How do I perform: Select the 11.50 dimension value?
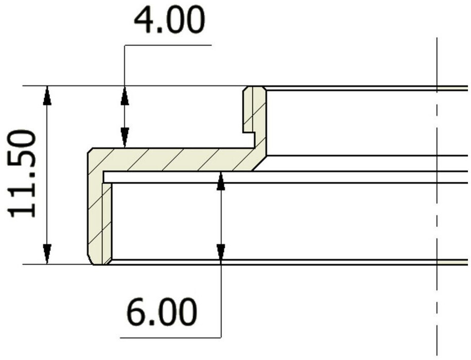[x=22, y=174]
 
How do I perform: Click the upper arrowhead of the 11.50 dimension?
[x=47, y=96]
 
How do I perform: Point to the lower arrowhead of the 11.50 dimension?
[x=47, y=254]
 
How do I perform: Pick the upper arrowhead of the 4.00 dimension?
[x=125, y=96]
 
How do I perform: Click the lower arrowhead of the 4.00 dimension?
[x=125, y=138]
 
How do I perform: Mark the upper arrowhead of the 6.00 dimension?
[x=221, y=181]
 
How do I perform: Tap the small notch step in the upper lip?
[x=249, y=132]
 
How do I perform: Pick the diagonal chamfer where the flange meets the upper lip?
[x=259, y=163]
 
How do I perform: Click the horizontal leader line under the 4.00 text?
[x=168, y=45]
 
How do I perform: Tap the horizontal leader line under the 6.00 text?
[x=170, y=338]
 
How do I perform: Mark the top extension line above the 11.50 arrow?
[x=135, y=86]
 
